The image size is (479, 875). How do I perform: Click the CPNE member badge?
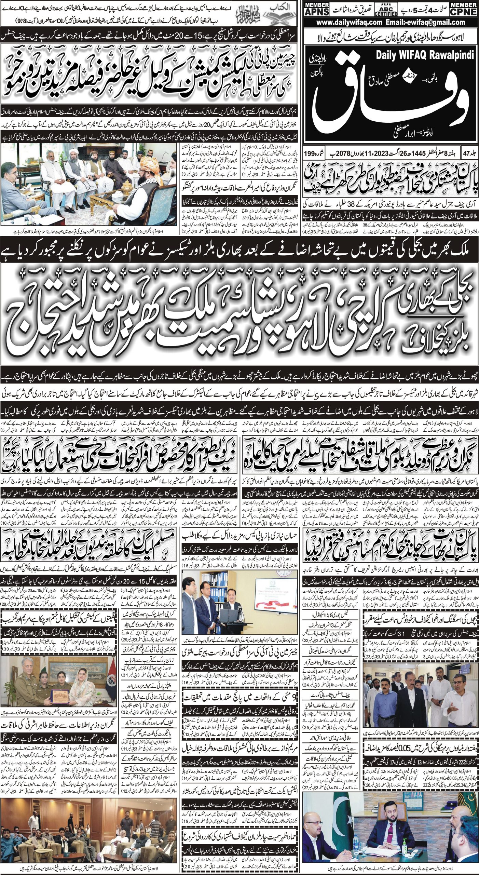463,8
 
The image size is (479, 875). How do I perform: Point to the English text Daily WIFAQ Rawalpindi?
425,56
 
